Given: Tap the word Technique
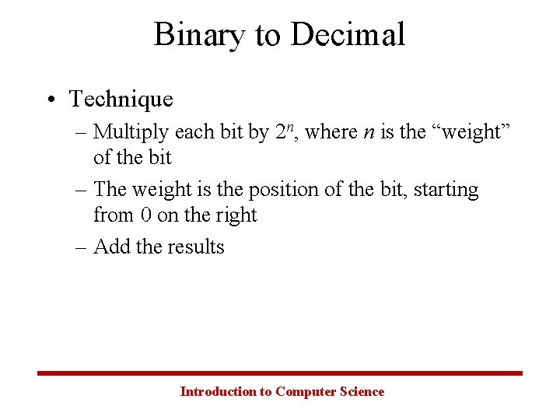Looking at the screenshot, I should [x=121, y=100].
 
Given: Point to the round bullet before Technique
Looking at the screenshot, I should [x=50, y=100].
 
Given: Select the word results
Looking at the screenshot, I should [x=195, y=247].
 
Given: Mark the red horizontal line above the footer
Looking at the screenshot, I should [x=280, y=373].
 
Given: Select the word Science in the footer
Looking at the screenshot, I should [x=362, y=392].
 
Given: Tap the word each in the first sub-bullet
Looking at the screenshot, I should [x=191, y=133].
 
